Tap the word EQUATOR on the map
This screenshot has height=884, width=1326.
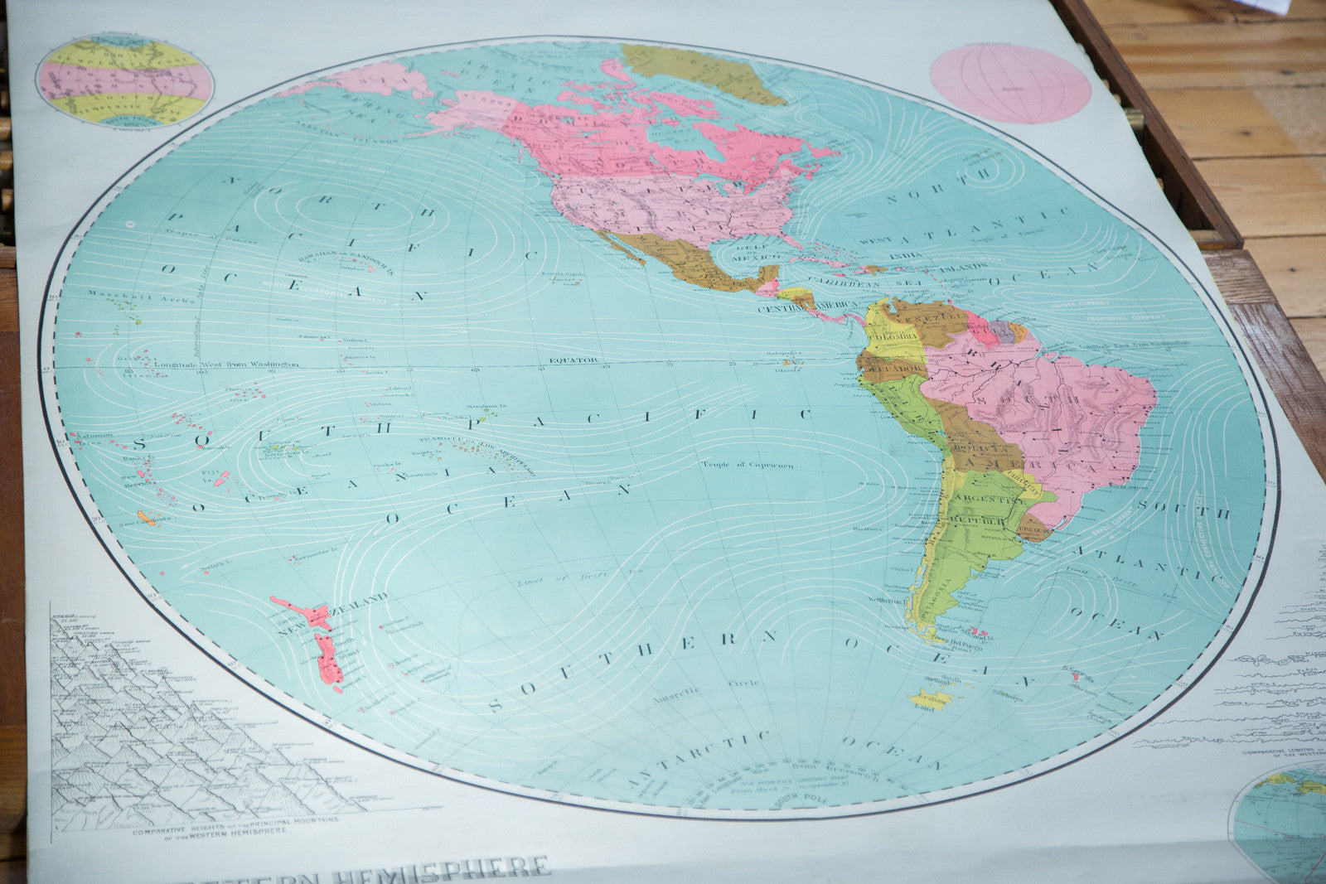[x=573, y=360]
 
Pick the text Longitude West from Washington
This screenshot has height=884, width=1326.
[x=237, y=363]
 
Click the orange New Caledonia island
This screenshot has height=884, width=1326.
[x=147, y=519]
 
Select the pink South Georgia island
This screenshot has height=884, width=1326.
[x=1076, y=677]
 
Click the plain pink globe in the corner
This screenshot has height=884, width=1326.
[x=1010, y=84]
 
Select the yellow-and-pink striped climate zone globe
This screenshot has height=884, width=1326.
[x=125, y=81]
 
